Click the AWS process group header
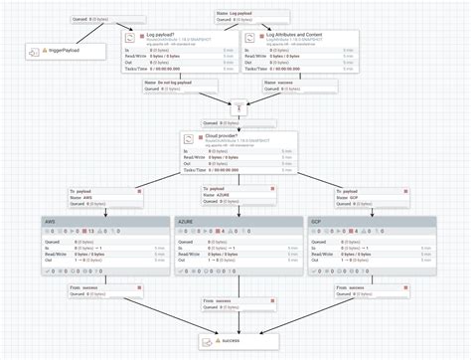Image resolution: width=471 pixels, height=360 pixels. [x=50, y=220]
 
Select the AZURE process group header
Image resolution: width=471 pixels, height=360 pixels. [x=187, y=220]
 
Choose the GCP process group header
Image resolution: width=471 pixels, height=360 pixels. [x=317, y=220]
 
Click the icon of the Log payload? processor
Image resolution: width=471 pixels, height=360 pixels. [x=128, y=38]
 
